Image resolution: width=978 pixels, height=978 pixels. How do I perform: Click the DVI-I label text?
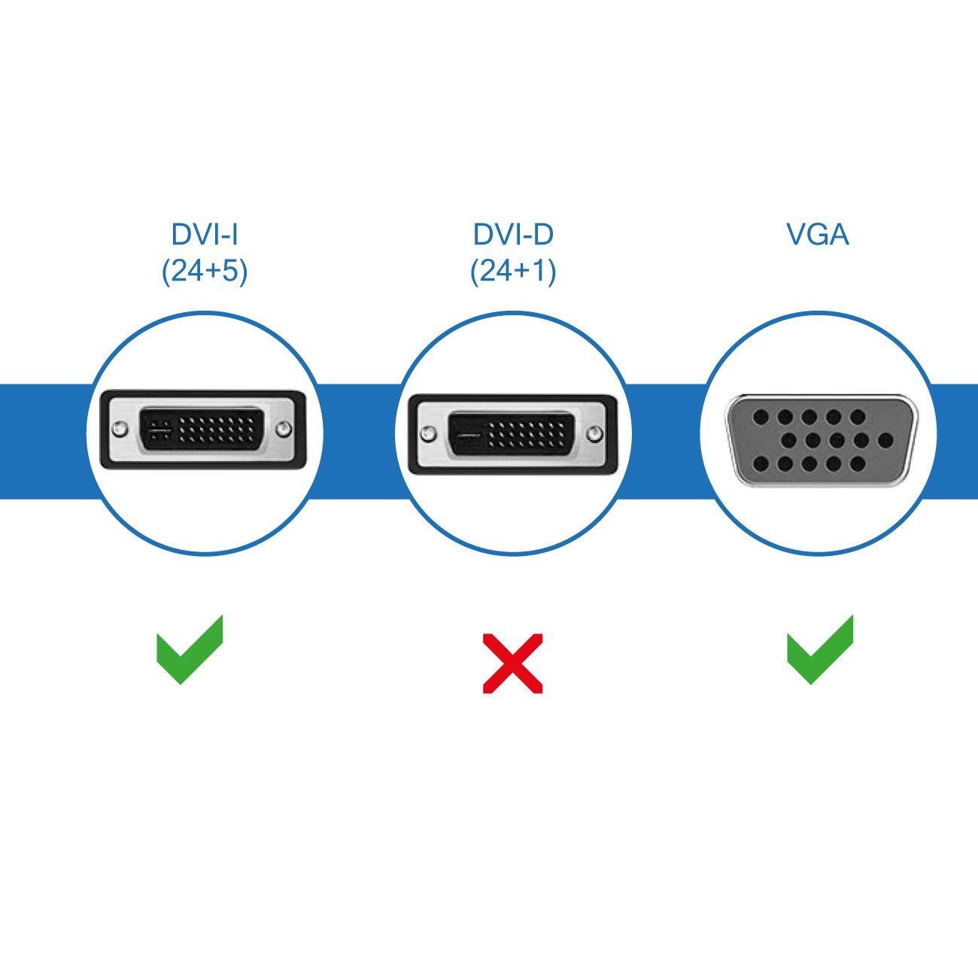[205, 235]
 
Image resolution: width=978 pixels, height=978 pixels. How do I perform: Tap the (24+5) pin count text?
[205, 271]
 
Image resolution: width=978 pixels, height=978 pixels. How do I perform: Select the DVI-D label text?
[513, 235]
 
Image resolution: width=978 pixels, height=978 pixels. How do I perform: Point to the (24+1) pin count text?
[513, 271]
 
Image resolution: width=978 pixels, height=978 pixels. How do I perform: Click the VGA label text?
[818, 235]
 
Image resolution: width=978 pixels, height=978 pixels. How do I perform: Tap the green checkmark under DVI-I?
[190, 649]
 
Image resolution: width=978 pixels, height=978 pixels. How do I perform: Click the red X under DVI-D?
[512, 663]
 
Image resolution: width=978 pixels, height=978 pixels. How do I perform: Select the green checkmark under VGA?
[821, 649]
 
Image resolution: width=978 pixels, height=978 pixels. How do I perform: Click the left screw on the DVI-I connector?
[119, 430]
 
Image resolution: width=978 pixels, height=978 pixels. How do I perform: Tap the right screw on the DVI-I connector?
[284, 430]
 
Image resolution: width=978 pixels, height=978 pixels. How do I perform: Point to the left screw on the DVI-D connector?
[428, 434]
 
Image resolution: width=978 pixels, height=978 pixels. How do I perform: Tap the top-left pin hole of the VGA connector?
[761, 417]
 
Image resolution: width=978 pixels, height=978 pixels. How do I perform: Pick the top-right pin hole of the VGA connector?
[858, 417]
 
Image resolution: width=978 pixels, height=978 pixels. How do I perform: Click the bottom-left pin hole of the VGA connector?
[761, 463]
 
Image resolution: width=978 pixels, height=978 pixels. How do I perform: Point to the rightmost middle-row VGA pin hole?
[885, 440]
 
